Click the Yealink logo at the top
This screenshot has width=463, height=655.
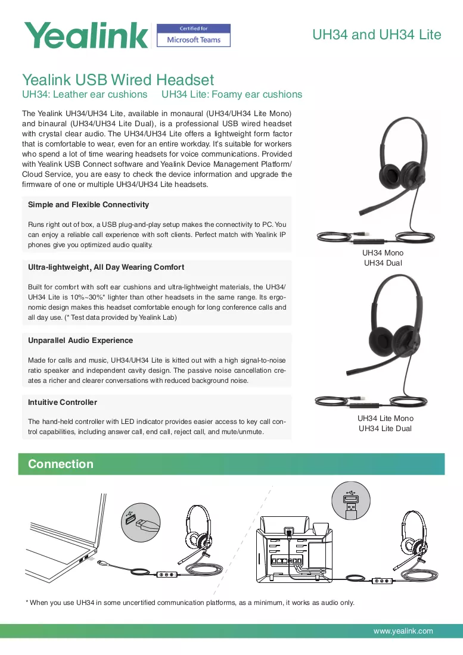tap(86, 35)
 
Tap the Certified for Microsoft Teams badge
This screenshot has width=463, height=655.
tap(194, 35)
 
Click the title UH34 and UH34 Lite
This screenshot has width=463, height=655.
tap(377, 35)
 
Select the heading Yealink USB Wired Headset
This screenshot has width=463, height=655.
tap(118, 79)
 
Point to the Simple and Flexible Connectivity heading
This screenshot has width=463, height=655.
tap(88, 204)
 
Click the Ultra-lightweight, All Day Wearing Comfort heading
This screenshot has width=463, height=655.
tap(105, 267)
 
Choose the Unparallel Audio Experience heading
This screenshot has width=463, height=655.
tap(80, 340)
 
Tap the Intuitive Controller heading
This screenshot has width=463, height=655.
tap(62, 402)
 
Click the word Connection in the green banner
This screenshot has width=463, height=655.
tap(61, 464)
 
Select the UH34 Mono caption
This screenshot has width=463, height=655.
tap(383, 252)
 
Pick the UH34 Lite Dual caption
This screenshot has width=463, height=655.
tap(385, 428)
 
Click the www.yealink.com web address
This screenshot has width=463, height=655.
tap(403, 631)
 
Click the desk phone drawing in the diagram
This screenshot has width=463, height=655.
tap(294, 549)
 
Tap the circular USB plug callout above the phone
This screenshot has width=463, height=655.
tap(351, 500)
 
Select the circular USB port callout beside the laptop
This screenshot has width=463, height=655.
tap(141, 522)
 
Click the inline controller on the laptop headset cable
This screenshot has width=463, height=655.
tap(167, 575)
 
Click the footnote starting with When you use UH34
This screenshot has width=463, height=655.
tap(190, 603)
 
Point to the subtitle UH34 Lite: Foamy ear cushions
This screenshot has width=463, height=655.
tap(232, 95)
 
